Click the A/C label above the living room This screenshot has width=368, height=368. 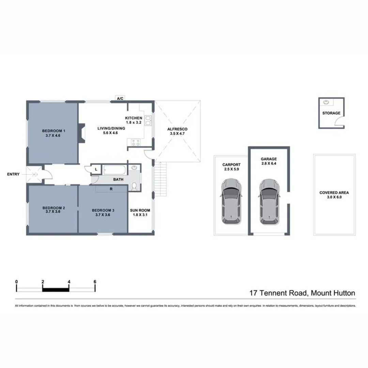tap(120, 98)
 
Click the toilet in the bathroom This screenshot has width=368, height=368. tap(135, 186)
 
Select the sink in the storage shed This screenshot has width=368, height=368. tap(326, 102)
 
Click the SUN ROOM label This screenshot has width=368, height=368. tap(140, 210)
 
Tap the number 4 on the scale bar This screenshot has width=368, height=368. tap(69, 282)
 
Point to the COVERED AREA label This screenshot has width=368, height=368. tap(334, 193)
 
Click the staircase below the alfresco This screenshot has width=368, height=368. tap(161, 179)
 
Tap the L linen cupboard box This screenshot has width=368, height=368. tap(96, 169)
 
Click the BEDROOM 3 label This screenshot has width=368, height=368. tap(103, 210)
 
